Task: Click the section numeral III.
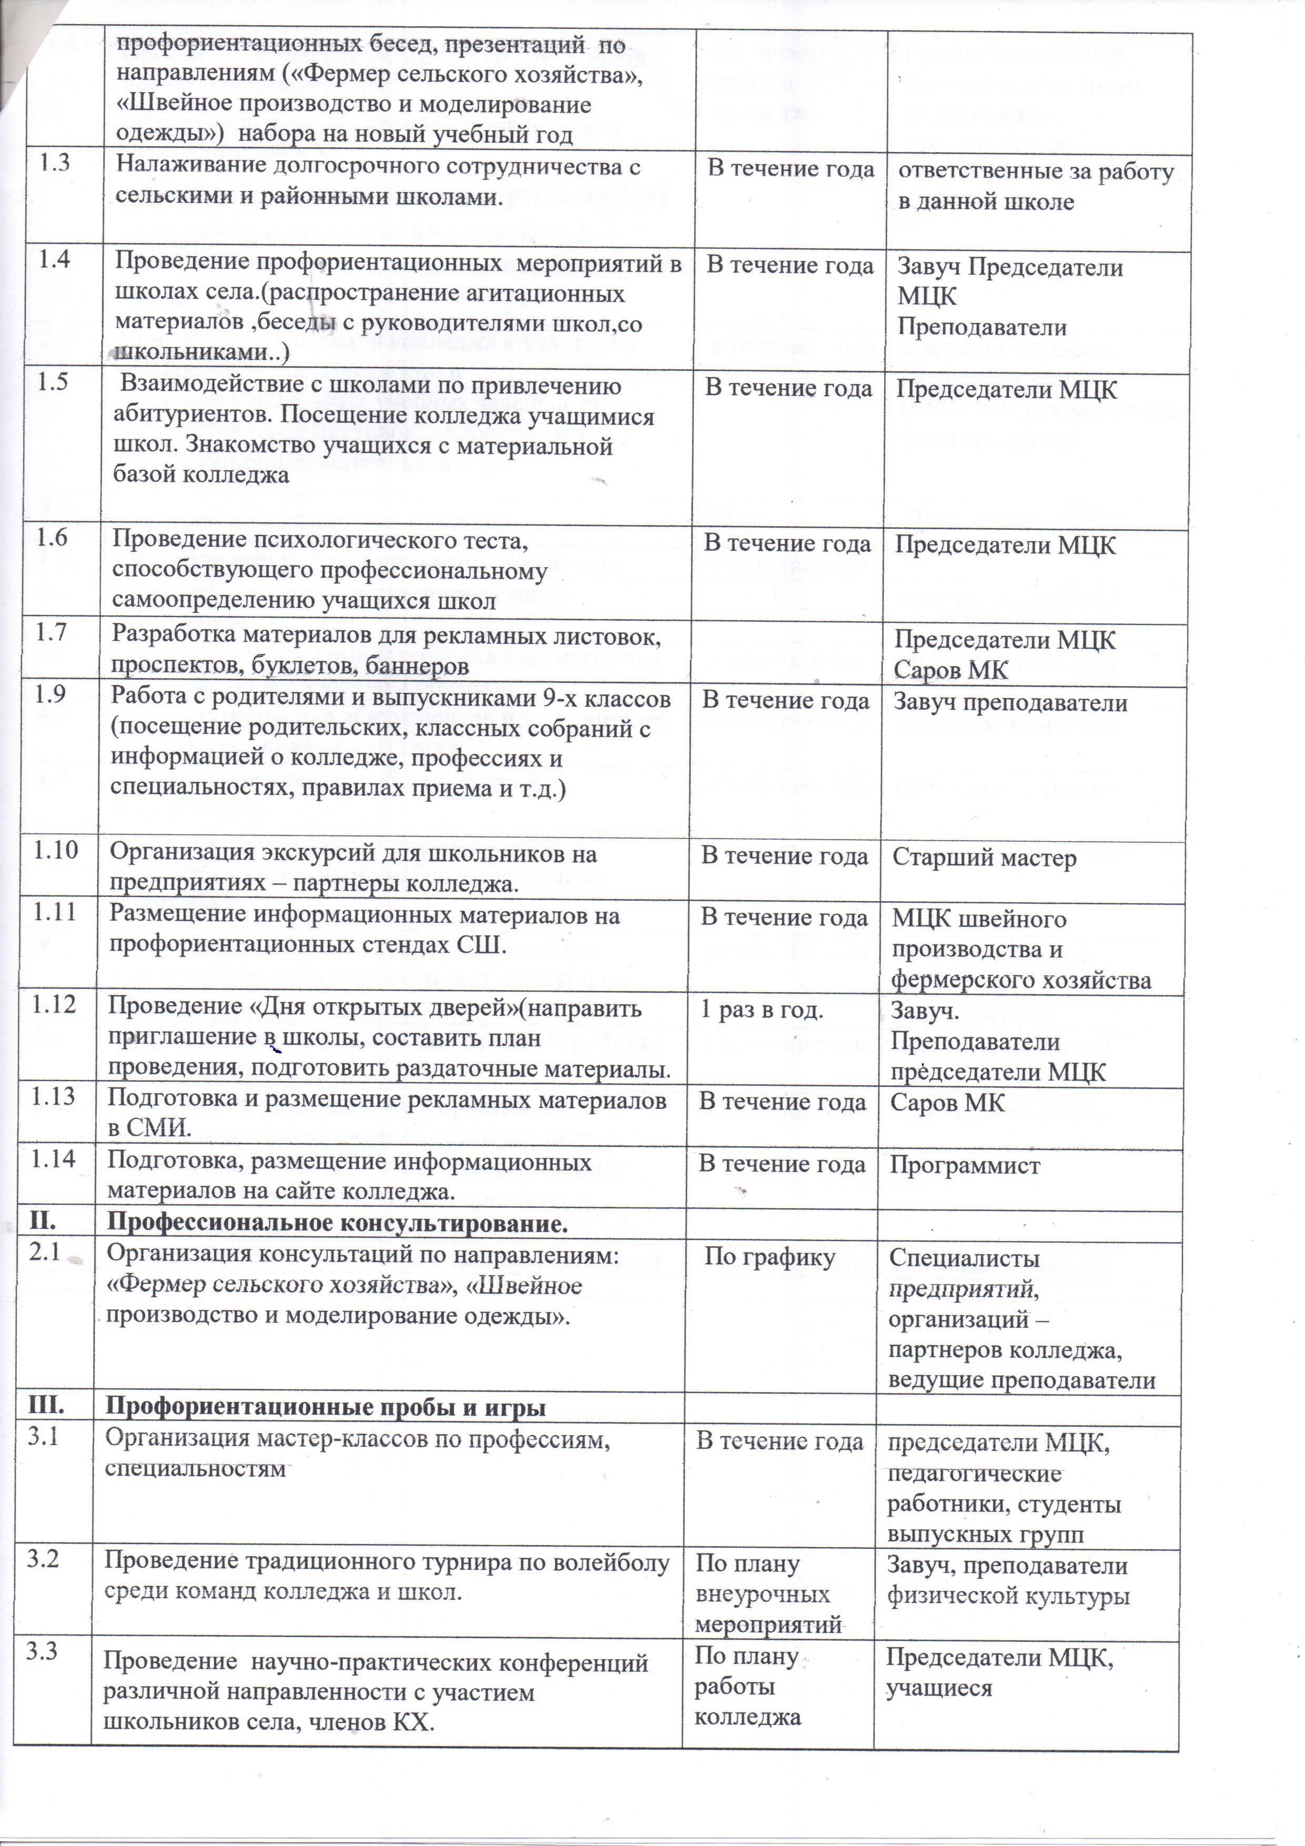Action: [x=44, y=1407]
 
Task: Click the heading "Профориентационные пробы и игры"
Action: [x=326, y=1408]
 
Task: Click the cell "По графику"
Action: [x=770, y=1257]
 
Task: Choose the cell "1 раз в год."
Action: [x=762, y=1010]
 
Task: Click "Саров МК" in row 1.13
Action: [x=947, y=1102]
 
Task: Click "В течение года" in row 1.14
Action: [x=782, y=1164]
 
